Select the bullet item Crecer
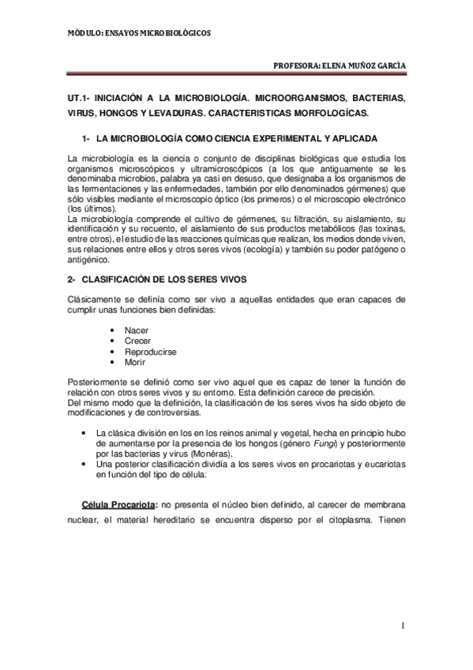(137, 340)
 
